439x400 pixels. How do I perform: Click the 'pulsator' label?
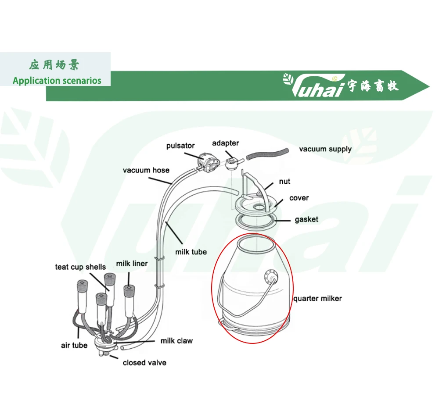click(180, 146)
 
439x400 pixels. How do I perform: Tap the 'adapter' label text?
click(225, 143)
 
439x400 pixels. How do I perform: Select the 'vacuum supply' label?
click(325, 149)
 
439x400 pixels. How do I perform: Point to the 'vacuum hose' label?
click(146, 170)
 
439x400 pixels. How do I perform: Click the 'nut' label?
click(284, 181)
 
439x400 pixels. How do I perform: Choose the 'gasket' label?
click(306, 219)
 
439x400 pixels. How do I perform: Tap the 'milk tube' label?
click(191, 252)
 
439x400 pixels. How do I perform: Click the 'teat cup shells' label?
click(80, 267)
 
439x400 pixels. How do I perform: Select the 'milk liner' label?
click(132, 264)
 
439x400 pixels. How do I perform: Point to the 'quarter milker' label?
click(317, 299)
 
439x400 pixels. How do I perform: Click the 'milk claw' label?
click(176, 340)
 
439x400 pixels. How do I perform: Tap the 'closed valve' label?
click(144, 363)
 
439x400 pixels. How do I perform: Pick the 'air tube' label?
click(74, 345)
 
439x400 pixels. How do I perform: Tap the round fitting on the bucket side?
click(272, 277)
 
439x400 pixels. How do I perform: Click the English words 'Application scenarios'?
click(57, 81)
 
